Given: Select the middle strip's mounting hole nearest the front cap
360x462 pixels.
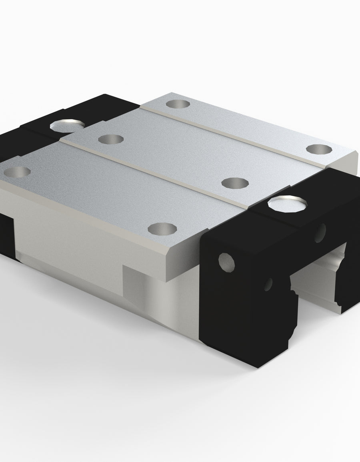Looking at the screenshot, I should click(235, 183).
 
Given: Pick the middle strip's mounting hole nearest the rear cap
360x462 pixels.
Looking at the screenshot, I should click(111, 139).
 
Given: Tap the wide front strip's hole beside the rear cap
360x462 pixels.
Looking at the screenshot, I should click(17, 172).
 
